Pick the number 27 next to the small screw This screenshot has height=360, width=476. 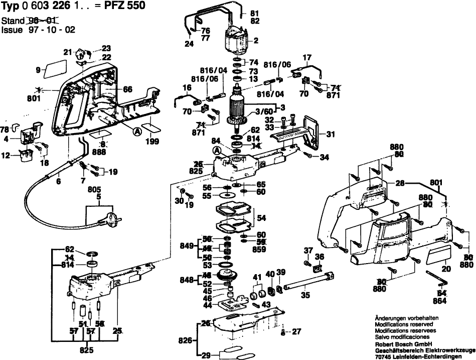[x=297, y=331]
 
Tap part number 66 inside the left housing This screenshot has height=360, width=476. [x=127, y=89]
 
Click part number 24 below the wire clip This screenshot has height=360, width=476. [x=188, y=44]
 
